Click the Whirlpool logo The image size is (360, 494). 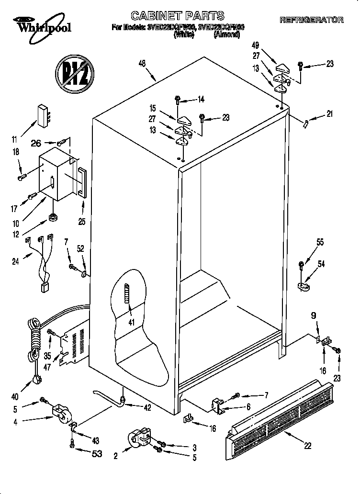[x=43, y=25]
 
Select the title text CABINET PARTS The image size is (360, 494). [x=178, y=16]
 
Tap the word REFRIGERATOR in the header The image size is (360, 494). [x=311, y=20]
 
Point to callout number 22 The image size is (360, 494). [x=307, y=446]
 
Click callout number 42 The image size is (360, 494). [x=147, y=408]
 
